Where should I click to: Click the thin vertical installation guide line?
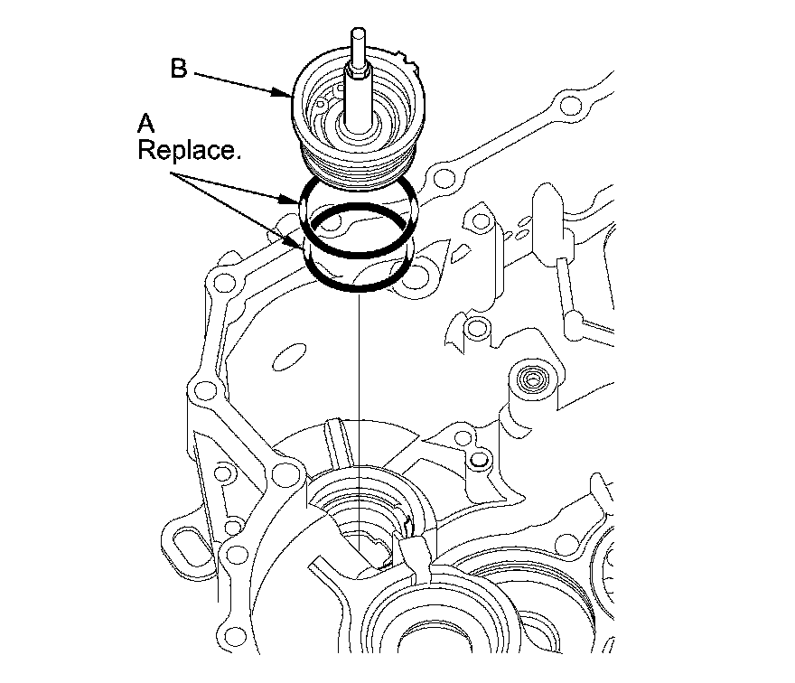pyautogui.click(x=359, y=379)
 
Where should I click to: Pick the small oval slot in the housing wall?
pyautogui.click(x=288, y=355)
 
